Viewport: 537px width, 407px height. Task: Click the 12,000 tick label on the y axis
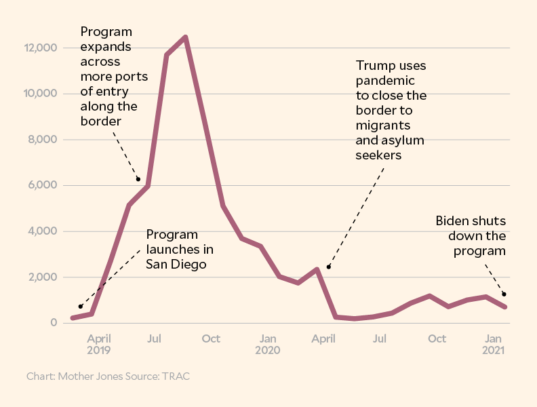coord(40,48)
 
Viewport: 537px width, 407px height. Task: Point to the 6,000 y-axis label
coord(43,185)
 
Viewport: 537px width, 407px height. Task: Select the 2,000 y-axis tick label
coord(43,277)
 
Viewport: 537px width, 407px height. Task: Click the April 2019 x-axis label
coord(99,345)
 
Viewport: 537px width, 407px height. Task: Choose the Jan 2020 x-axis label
coord(268,345)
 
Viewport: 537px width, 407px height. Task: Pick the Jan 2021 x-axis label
coord(494,345)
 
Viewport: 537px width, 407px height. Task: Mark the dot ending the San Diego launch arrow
coord(80,307)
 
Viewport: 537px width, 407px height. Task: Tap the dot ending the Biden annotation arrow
coord(504,294)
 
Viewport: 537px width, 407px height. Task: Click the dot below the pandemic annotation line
coord(329,267)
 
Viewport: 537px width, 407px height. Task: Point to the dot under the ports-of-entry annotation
coord(138,179)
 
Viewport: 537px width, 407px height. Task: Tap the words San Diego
coord(176,264)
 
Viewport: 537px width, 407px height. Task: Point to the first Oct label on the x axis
coord(211,338)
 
